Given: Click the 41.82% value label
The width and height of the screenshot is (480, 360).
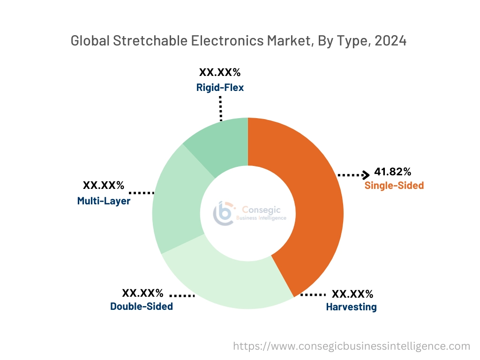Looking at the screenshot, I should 393,172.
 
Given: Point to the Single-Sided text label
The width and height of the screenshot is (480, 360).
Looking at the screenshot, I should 394,186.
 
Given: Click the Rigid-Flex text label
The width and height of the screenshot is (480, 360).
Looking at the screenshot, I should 220,87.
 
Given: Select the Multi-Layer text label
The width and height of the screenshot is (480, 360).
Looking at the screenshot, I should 104,201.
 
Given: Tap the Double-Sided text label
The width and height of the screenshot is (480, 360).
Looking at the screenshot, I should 142,307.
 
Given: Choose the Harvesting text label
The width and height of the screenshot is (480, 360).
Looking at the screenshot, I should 351,307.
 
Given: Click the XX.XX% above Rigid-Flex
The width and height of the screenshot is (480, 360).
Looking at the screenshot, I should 220,72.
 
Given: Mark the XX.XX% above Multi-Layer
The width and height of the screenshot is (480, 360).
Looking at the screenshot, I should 104,186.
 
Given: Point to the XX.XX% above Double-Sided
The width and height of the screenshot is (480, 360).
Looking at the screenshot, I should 142,293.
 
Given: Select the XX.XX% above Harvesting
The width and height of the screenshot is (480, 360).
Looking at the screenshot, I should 352,294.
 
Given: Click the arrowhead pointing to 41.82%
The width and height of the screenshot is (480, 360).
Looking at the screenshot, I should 366,175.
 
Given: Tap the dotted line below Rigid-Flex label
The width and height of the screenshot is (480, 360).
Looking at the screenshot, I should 220,108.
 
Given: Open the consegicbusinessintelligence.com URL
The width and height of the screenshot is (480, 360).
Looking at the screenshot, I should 352,346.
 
